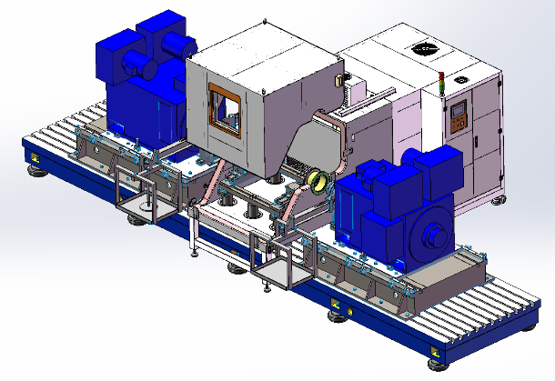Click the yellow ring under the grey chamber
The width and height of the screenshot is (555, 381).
pos(319,182)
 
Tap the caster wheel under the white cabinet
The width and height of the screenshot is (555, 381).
pos(496,201)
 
